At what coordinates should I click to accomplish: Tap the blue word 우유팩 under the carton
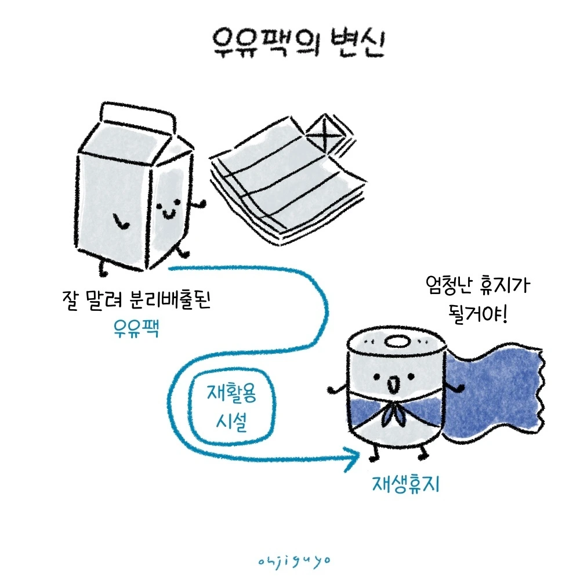[x=137, y=330]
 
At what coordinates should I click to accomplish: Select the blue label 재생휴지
[x=405, y=484]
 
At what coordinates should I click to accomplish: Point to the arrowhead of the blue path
[x=355, y=460]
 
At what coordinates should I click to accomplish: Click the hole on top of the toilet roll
[x=398, y=342]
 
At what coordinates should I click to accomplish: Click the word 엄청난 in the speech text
[x=444, y=287]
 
